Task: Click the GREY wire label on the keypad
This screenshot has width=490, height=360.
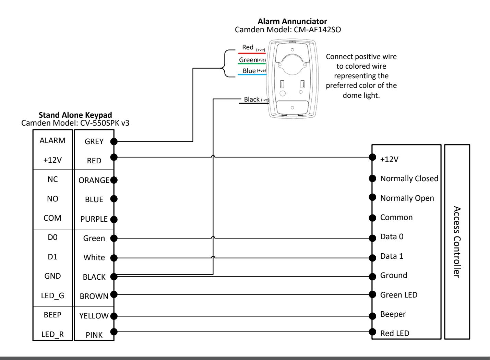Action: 94,142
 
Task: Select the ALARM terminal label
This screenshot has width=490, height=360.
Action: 52,140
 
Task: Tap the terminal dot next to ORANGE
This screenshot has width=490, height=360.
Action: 114,180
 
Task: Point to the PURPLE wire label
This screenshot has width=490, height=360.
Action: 94,219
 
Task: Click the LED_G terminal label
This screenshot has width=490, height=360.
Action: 52,295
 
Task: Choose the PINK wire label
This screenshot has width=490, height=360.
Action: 94,335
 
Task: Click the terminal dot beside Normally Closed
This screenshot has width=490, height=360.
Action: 372,178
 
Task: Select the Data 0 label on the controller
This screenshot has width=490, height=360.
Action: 392,237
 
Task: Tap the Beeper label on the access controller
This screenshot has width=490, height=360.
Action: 393,314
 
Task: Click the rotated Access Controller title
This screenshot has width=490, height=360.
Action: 457,242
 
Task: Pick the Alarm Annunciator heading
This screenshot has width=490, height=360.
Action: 292,22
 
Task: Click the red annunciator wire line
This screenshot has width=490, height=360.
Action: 252,53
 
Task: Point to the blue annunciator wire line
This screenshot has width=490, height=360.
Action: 252,75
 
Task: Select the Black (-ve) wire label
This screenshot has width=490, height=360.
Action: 256,100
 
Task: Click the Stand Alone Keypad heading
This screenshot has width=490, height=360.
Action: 75,115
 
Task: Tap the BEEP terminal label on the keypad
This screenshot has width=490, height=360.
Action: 52,315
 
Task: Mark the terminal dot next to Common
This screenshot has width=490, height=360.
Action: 372,218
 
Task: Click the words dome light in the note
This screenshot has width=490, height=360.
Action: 361,95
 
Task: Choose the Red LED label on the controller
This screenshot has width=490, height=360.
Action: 395,334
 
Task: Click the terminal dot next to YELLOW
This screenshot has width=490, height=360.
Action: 114,316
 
